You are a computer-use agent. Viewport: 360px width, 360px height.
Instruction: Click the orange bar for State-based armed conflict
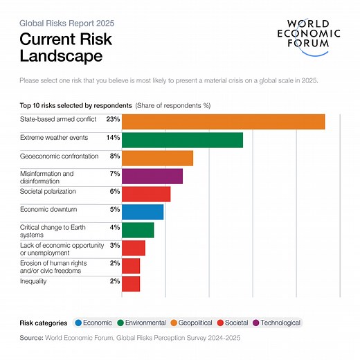pos(223,122)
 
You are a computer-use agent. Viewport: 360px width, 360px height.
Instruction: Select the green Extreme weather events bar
pos(182,140)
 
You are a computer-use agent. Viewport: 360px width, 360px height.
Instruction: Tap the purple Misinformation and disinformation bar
pos(152,176)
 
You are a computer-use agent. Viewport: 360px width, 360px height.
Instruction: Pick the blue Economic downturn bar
pos(143,212)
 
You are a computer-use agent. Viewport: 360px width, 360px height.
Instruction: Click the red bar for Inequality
pos(131,284)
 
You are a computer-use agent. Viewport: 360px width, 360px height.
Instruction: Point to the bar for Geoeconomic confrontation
pos(157,158)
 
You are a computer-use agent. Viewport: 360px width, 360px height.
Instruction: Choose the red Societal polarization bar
pos(145,194)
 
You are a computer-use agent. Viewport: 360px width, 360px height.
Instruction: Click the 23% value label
pos(113,120)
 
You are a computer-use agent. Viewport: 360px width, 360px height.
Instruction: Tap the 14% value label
pos(113,138)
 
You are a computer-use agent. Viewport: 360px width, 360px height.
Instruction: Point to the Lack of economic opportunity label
pos(62,249)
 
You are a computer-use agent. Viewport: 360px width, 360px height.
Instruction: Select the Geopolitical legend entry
pos(195,323)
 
